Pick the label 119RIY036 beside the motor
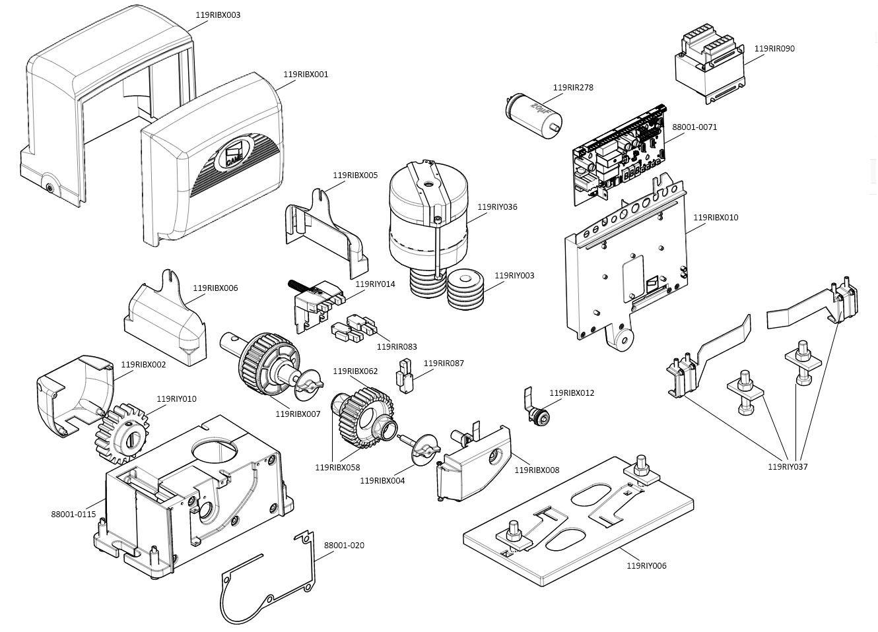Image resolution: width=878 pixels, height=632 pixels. pos(497,207)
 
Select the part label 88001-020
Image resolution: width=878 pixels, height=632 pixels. pos(344,546)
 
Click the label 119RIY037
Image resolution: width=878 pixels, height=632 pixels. pos(788,467)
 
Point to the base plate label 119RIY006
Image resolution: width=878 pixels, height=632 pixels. pos(646,565)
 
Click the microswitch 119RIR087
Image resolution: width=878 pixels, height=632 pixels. pos(403,374)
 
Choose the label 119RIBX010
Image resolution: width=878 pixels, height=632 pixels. pos(716,217)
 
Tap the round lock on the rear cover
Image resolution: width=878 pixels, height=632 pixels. pos(50,186)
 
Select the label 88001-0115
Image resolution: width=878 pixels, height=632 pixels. pos(73,514)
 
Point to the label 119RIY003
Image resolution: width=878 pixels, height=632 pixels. pos(514,276)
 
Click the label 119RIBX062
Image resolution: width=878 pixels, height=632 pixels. pos(355,371)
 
